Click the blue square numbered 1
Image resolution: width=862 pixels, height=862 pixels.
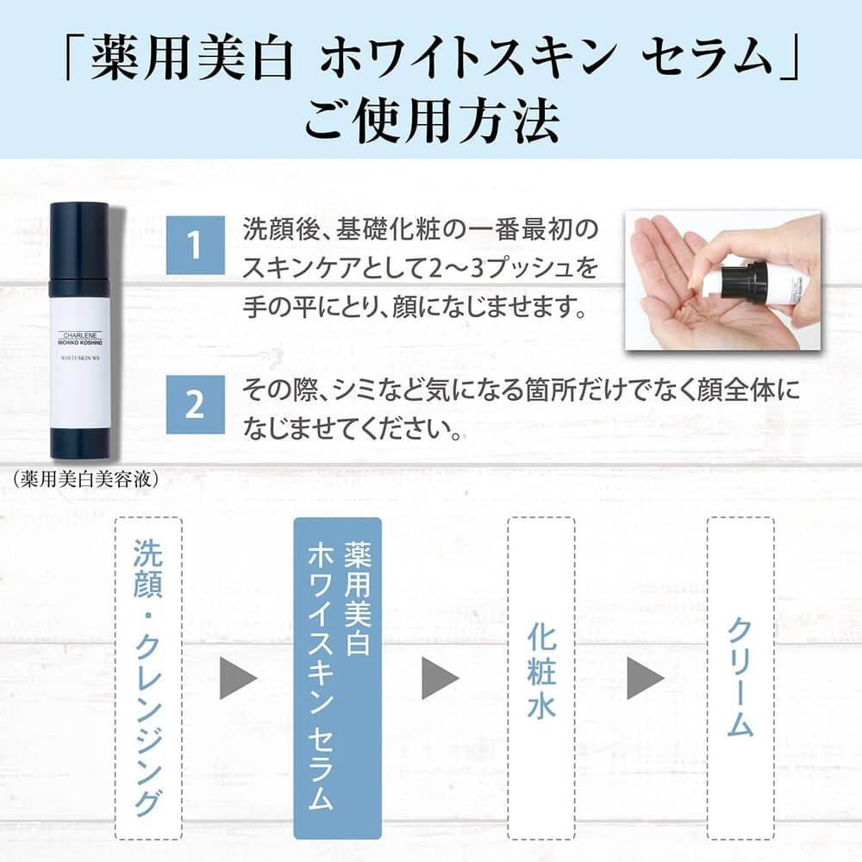[x=195, y=245]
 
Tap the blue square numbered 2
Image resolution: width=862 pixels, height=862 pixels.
[x=195, y=404]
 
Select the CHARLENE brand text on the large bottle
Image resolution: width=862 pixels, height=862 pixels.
[x=80, y=334]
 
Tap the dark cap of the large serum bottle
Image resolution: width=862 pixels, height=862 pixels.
[x=80, y=242]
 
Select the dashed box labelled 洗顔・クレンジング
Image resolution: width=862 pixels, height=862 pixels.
[x=148, y=678]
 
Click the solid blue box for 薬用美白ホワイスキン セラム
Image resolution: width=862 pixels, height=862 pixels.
[x=338, y=678]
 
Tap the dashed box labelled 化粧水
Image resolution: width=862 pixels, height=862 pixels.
[x=541, y=678]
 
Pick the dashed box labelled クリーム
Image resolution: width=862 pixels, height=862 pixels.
[x=740, y=678]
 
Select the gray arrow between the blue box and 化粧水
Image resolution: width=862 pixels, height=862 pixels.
[x=440, y=678]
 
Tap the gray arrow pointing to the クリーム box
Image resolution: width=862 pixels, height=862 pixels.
[x=645, y=678]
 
